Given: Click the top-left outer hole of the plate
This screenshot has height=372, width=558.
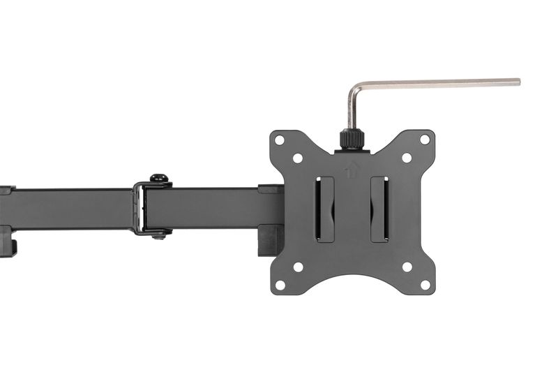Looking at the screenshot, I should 280,140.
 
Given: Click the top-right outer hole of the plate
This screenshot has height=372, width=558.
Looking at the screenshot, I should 425,140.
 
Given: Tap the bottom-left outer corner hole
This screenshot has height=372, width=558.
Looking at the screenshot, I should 280,285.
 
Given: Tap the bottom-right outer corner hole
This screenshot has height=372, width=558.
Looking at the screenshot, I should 425,285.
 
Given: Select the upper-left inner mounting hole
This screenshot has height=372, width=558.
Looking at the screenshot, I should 298,158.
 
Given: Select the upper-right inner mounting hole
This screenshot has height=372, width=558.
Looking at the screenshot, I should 407,158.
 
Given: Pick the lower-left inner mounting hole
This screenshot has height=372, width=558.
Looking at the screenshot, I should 298,267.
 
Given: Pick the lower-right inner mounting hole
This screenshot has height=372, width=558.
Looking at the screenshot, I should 407,267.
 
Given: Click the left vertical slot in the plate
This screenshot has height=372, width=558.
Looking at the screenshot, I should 324,209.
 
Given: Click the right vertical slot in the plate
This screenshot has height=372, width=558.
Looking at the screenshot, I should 380,209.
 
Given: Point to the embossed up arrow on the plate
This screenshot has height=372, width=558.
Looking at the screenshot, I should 352,168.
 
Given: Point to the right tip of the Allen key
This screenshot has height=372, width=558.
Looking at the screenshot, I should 517,82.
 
